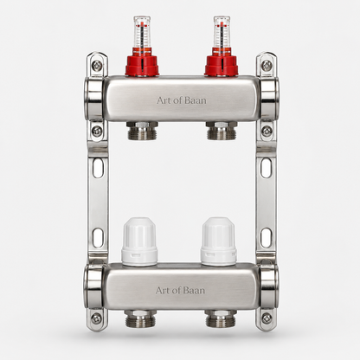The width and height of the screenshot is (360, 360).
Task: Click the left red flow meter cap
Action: [142, 62]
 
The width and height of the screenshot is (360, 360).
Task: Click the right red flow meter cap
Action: [222, 62]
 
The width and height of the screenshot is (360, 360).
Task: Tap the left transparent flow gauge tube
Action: [142, 32]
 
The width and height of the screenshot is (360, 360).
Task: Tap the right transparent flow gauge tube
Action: [222, 32]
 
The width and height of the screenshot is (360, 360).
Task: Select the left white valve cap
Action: [139, 241]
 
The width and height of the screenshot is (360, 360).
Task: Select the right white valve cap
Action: [219, 241]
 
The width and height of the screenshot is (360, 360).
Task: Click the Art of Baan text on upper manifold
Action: [182, 100]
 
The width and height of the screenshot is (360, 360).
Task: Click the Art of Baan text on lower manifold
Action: [180, 290]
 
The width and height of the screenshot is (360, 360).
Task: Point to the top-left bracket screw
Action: [96, 66]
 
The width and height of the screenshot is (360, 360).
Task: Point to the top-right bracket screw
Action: [267, 65]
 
